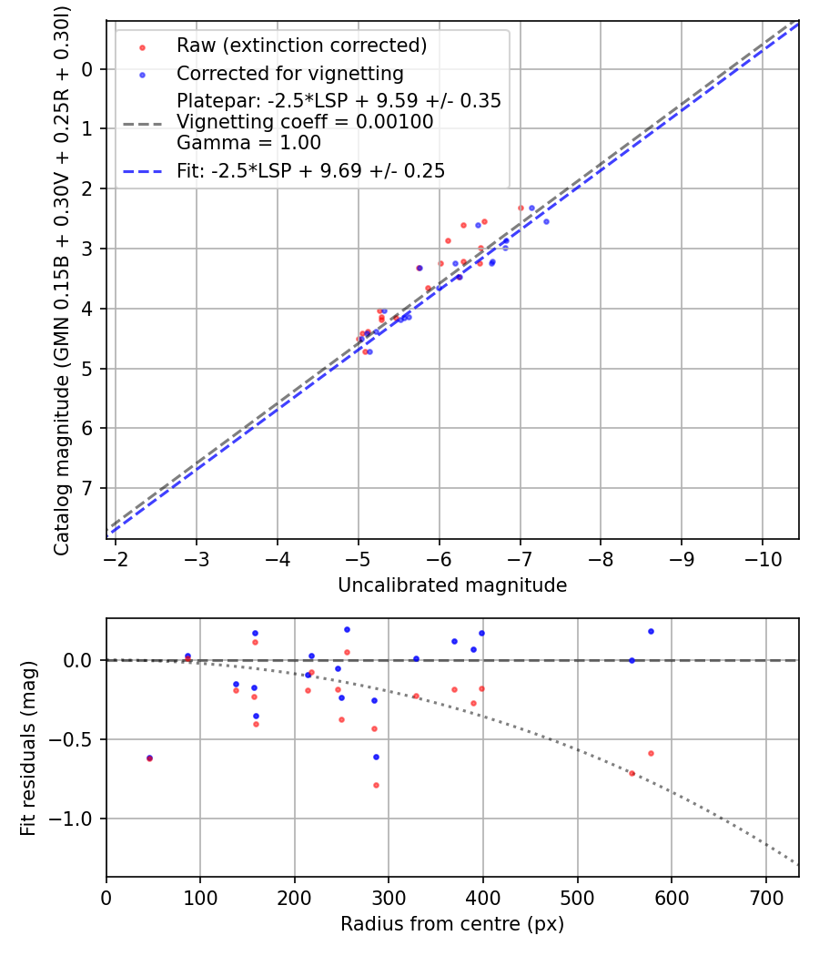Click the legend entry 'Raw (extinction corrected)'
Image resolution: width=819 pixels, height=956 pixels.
pyautogui.click(x=301, y=46)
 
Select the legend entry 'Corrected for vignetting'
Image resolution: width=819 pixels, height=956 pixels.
pyautogui.click(x=289, y=73)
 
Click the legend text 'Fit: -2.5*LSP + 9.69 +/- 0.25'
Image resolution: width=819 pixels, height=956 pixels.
pyautogui.click(x=310, y=170)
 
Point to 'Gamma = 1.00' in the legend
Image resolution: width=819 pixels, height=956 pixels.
pyautogui.click(x=248, y=142)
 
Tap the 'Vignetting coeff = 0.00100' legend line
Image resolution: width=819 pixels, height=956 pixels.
pyautogui.click(x=305, y=122)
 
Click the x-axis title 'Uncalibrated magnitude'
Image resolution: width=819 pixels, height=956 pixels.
pyautogui.click(x=452, y=585)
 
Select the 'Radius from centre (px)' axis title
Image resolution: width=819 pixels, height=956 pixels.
pyautogui.click(x=452, y=924)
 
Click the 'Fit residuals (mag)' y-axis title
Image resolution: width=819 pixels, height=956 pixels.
pyautogui.click(x=28, y=748)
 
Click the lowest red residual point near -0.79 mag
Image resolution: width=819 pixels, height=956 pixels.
pyautogui.click(x=376, y=785)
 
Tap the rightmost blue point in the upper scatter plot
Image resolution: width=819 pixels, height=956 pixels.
pyautogui.click(x=546, y=221)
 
